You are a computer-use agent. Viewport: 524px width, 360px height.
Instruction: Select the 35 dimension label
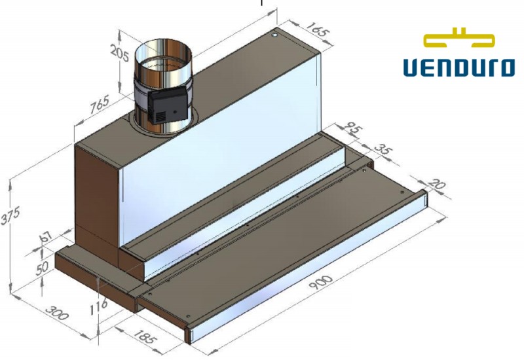(x=386, y=153)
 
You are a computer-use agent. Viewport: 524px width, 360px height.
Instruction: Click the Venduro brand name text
(x=458, y=67)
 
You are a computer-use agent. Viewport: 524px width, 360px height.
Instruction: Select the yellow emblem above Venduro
(x=458, y=38)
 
